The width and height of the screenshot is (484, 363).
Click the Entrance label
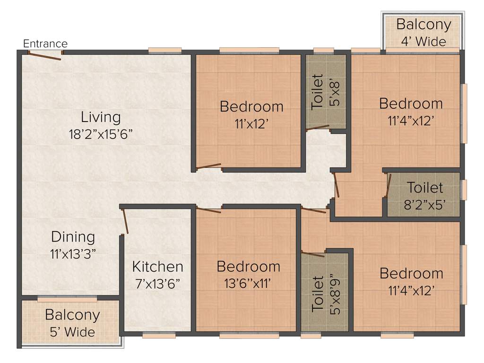[45, 44]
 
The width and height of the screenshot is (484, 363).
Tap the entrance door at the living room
[44, 56]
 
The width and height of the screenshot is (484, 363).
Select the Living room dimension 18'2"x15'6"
[100, 134]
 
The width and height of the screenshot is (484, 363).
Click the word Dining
[73, 237]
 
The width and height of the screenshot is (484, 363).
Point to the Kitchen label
[157, 267]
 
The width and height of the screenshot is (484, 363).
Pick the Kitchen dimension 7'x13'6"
[157, 284]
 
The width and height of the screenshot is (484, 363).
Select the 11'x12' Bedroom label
[251, 106]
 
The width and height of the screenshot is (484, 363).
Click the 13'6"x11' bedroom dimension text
[249, 284]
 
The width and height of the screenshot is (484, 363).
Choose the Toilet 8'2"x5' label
[425, 188]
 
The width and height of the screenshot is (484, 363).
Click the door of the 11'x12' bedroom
[208, 166]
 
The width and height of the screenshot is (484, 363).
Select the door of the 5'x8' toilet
[318, 128]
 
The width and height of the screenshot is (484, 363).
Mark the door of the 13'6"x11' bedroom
[208, 210]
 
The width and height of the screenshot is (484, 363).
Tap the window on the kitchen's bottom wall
[159, 336]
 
